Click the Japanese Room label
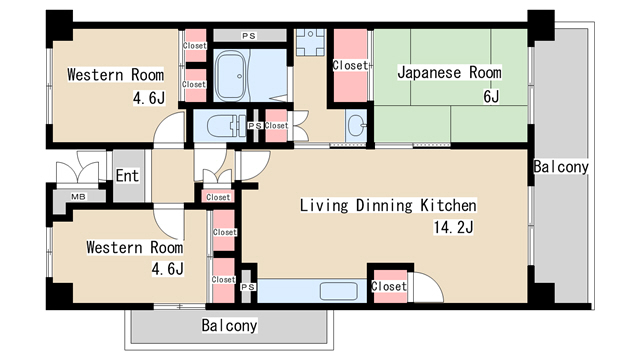click(x=448, y=73)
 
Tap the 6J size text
click(x=491, y=98)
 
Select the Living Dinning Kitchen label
click(x=389, y=206)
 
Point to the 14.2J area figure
click(x=453, y=229)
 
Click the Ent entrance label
click(x=127, y=177)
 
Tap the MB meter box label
click(x=78, y=197)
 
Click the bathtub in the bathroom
click(x=235, y=74)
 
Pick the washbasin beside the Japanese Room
click(x=357, y=126)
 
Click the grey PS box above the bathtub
click(x=248, y=36)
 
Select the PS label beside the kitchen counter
click(x=248, y=288)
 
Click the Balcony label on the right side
click(x=560, y=167)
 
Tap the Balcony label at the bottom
click(x=229, y=325)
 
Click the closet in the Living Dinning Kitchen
click(x=388, y=286)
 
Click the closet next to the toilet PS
click(x=276, y=126)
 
